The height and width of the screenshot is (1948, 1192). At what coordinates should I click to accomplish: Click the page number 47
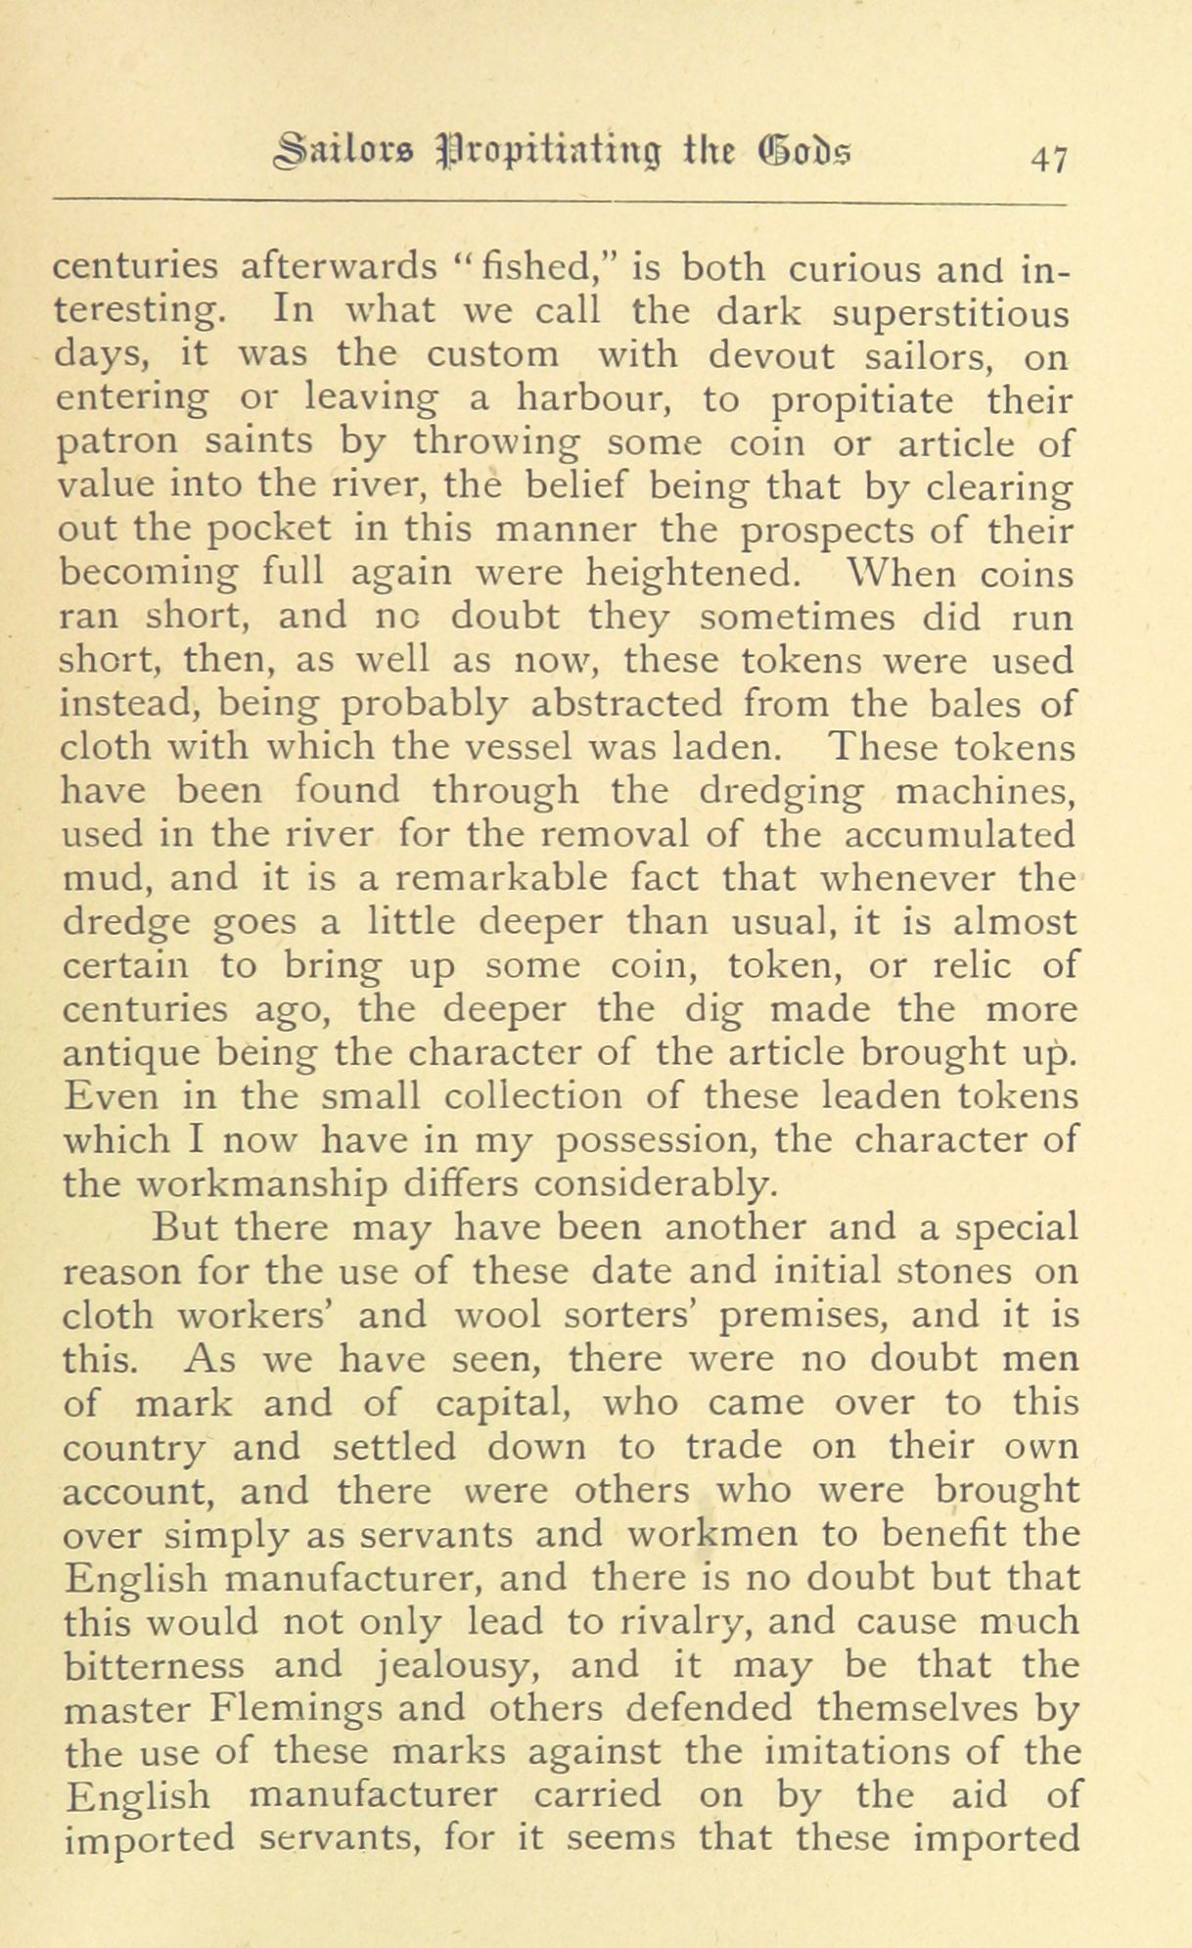pyautogui.click(x=1043, y=158)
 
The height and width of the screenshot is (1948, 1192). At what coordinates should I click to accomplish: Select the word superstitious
pyautogui.click(x=950, y=314)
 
